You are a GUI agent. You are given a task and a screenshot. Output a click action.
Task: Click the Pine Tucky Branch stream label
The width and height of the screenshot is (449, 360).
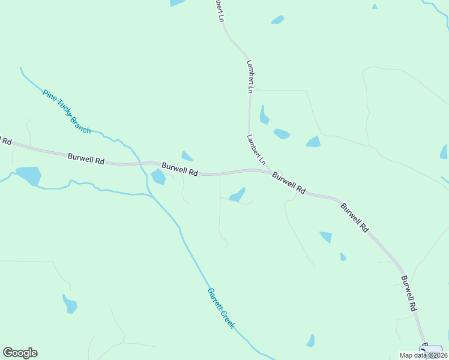point(66,111)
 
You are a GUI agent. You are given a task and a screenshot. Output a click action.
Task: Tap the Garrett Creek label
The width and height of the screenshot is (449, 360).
point(221,308)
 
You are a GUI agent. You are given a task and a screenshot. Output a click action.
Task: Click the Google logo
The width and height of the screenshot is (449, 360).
point(20,353)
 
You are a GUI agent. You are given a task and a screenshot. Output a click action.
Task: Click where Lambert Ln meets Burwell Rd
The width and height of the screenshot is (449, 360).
point(267,170)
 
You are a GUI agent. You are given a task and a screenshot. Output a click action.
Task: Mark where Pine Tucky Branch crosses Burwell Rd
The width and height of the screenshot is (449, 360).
point(141,163)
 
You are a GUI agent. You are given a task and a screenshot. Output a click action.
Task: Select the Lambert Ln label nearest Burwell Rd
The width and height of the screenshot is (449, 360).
point(255,149)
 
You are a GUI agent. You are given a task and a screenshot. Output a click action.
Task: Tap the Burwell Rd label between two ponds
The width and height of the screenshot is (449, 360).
point(179,168)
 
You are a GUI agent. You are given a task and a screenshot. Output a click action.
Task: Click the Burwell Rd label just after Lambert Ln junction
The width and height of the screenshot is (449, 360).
point(289,182)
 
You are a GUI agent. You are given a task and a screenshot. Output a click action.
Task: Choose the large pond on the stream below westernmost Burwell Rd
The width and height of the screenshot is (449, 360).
point(29,175)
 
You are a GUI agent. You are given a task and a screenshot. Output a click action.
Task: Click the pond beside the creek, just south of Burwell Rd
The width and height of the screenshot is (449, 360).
point(158,176)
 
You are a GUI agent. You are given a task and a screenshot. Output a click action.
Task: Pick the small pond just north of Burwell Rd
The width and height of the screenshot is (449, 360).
point(187,156)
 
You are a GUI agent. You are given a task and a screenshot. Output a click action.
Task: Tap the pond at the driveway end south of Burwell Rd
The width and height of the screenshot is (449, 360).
point(238,195)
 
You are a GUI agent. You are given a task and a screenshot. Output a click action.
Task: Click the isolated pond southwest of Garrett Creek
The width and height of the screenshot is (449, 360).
point(70,304)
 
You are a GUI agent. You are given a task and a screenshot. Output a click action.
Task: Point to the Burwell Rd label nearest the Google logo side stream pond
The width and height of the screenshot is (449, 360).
point(86,159)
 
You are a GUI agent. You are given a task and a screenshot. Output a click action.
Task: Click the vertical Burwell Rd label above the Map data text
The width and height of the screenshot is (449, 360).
point(408,293)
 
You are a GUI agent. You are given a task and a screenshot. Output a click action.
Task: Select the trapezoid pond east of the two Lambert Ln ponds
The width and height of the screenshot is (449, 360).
point(313,142)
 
